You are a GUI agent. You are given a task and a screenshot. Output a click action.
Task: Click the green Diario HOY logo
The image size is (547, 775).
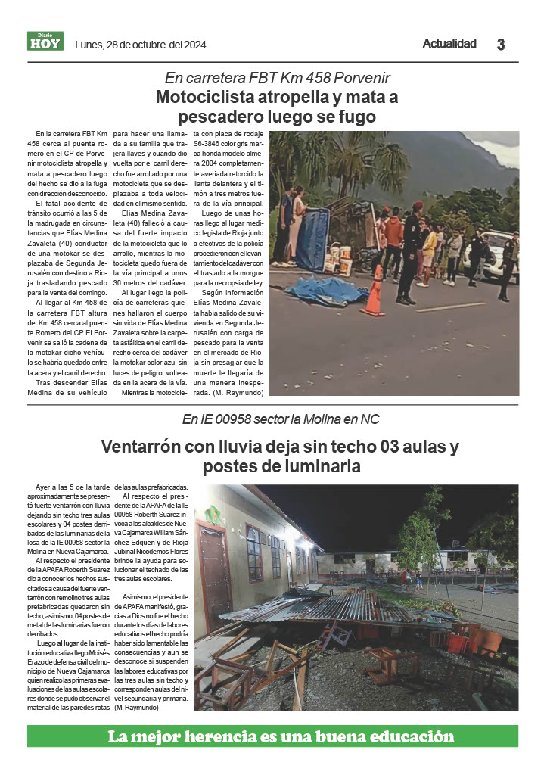point(45,42)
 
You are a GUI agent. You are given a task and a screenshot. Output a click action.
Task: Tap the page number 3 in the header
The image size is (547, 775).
point(500,45)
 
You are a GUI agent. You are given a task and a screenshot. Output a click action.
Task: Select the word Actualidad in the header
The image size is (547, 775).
point(449,44)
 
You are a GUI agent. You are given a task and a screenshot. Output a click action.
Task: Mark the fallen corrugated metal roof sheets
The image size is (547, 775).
point(325,605)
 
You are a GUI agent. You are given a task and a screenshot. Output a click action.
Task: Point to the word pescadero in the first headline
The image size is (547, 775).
point(220,117)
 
